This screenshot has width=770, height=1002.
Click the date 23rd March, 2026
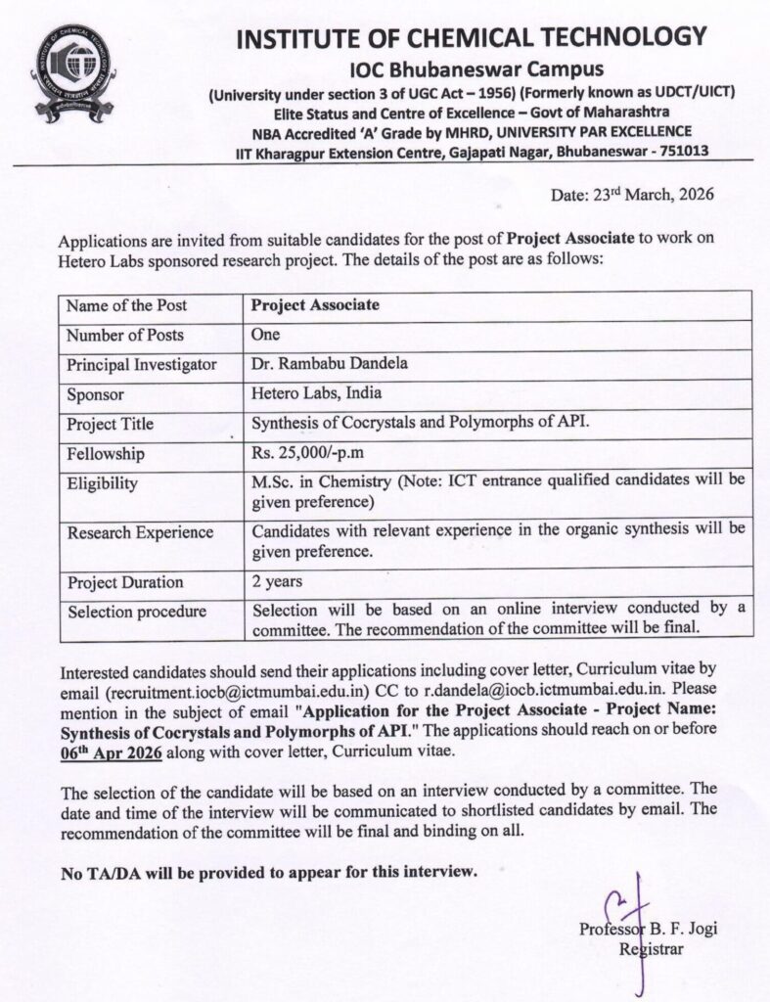tap(633, 194)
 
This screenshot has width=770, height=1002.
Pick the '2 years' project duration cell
tap(277, 582)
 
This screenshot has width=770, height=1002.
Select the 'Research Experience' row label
tap(139, 532)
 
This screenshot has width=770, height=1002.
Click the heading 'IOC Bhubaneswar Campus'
tap(476, 69)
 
